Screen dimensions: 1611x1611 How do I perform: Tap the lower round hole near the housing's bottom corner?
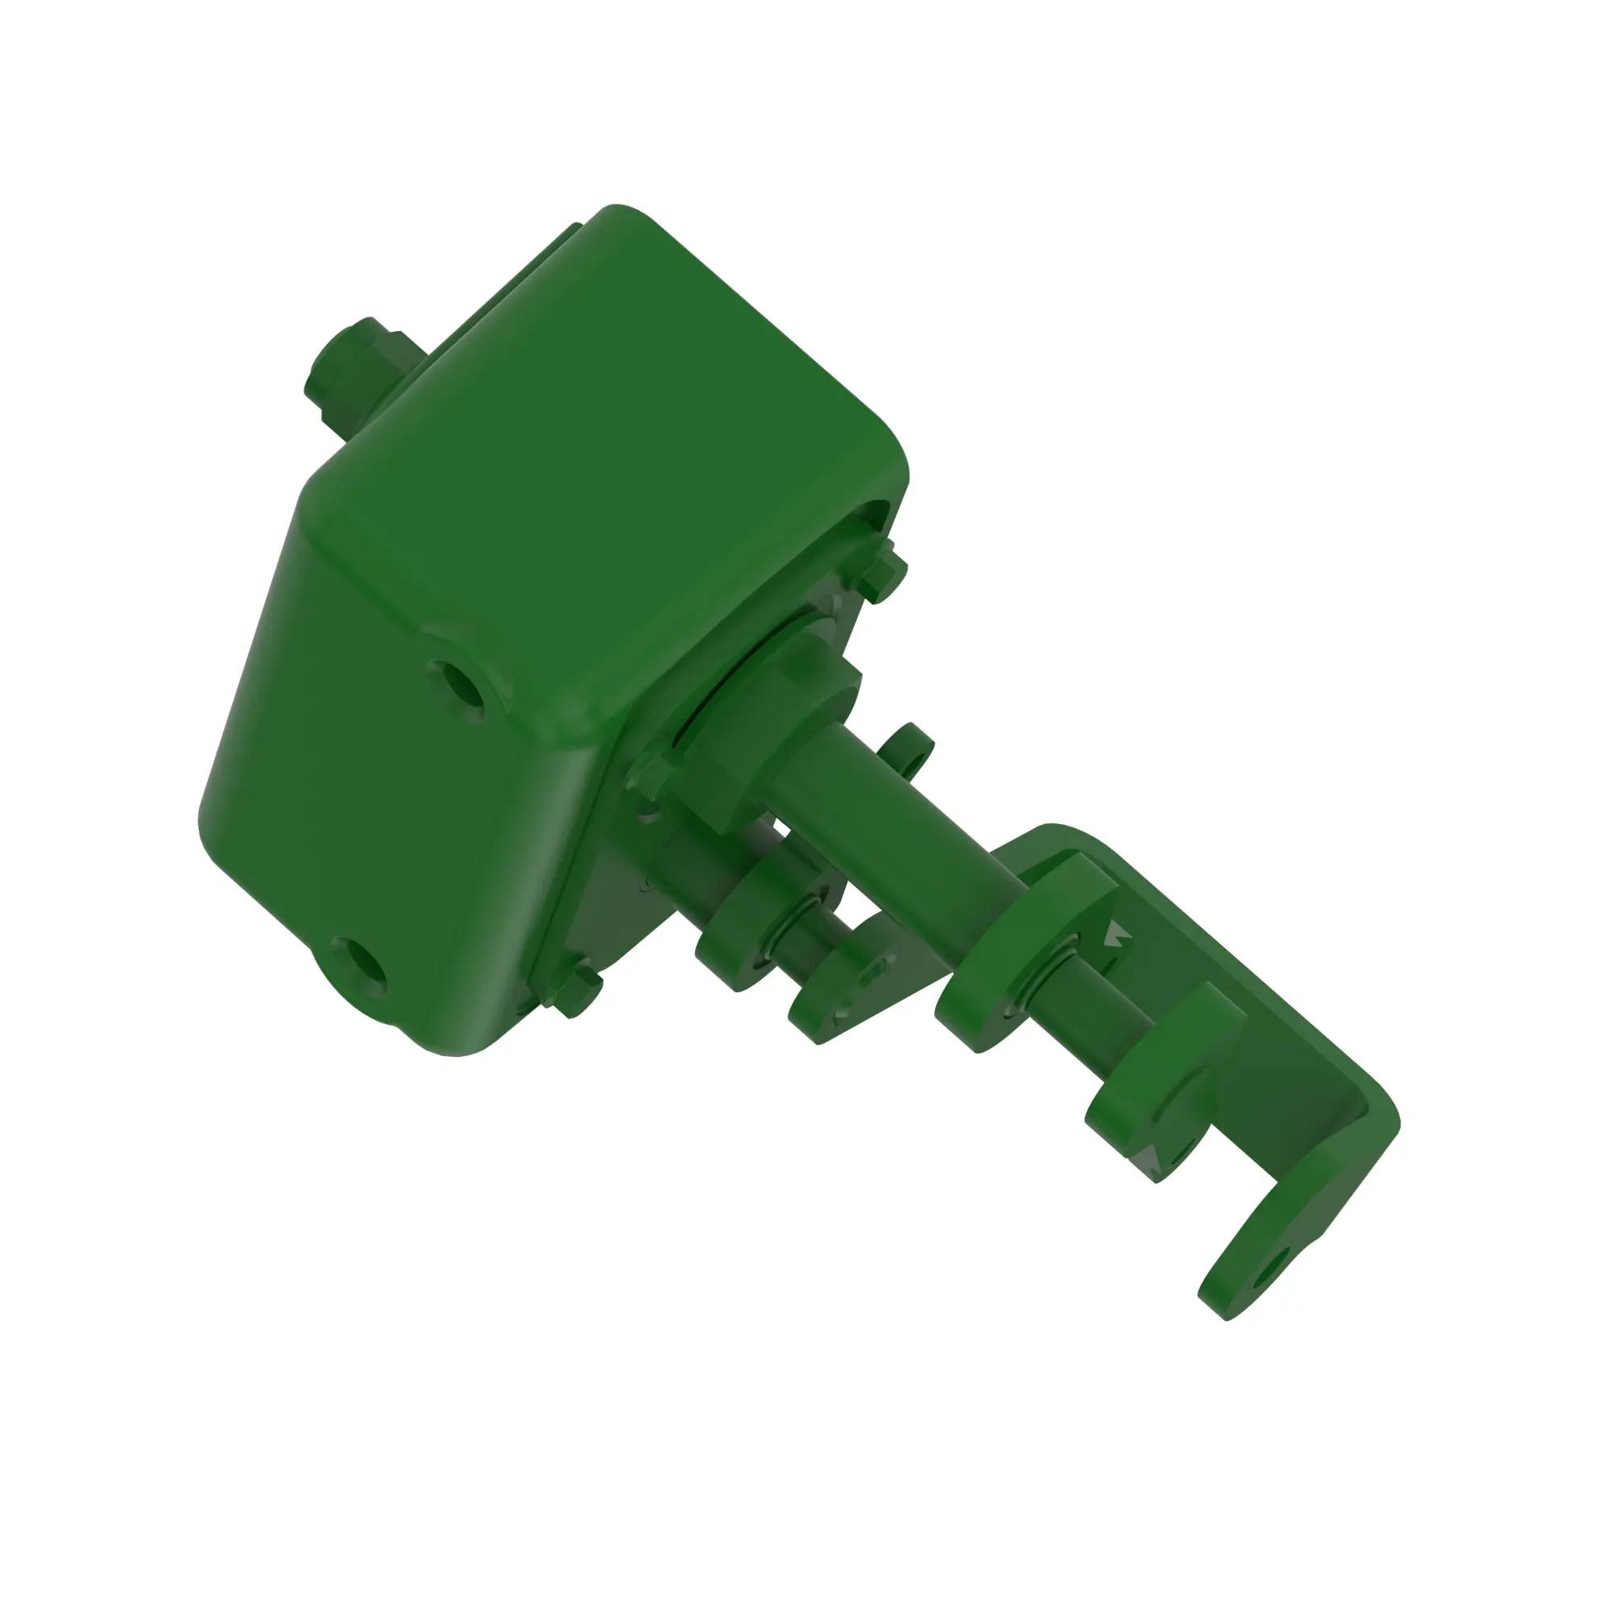[359, 967]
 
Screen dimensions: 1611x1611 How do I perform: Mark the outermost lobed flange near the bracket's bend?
[1155, 1084]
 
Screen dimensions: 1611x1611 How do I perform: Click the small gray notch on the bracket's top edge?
[1118, 934]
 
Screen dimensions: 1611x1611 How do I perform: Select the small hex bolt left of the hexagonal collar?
[650, 776]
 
